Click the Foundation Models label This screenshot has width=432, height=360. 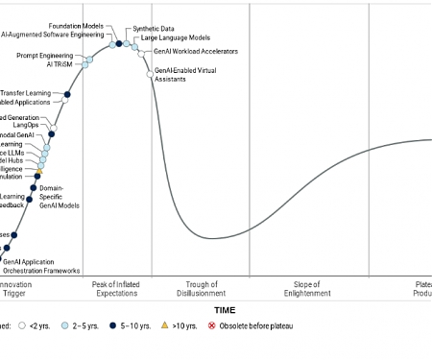78,25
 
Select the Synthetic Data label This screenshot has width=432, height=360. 154,29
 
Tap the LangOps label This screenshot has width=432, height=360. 26,125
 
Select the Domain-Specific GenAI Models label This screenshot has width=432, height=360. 60,197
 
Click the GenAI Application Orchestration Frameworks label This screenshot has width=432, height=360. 41,266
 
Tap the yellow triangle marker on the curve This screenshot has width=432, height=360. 39,171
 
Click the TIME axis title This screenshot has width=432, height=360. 225,310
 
